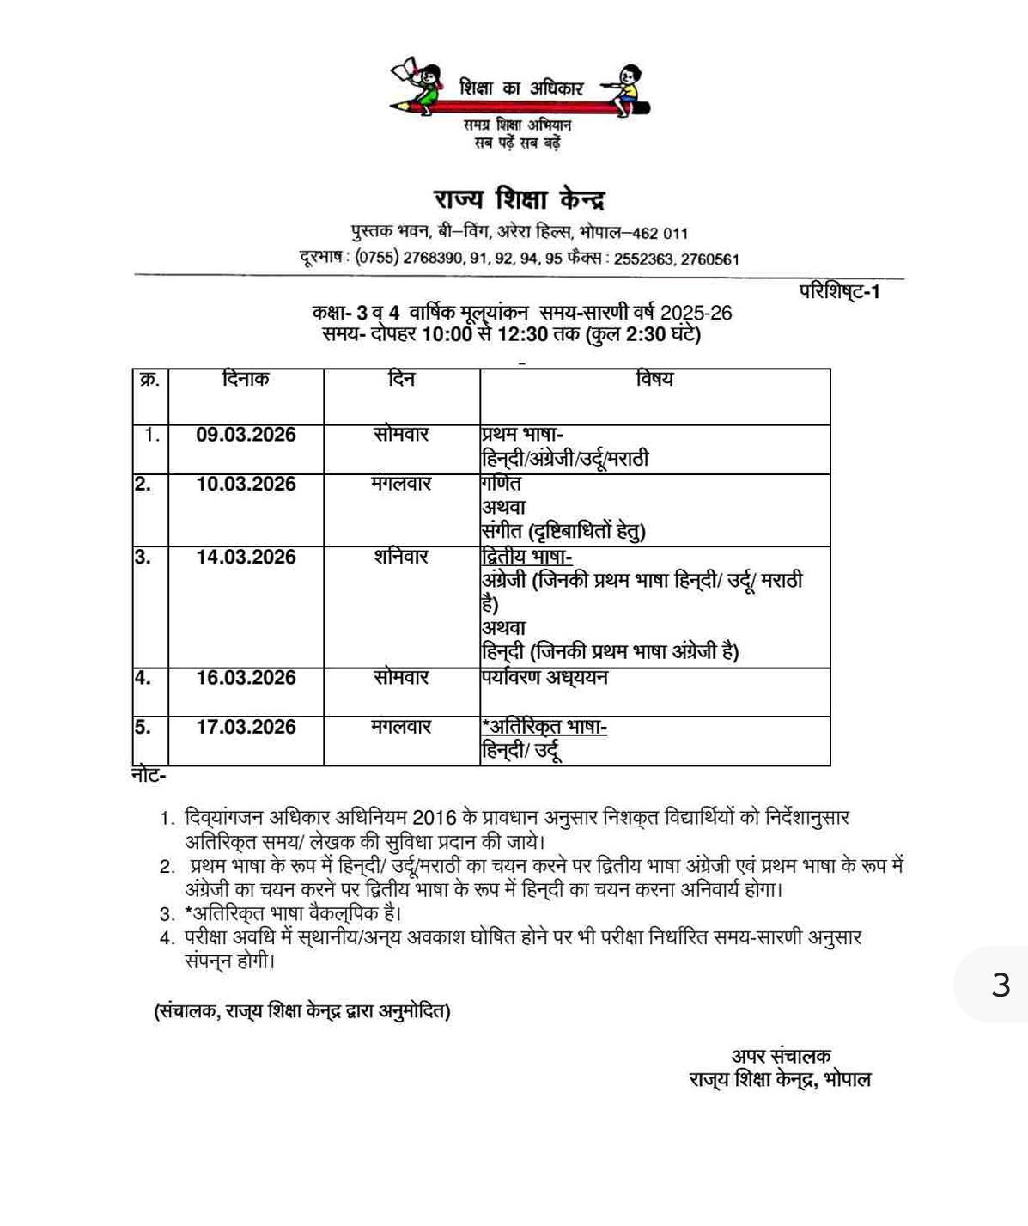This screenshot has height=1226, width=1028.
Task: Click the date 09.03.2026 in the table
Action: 246,435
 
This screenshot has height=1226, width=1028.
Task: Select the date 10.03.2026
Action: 246,484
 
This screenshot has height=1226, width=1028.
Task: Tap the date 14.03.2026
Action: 246,557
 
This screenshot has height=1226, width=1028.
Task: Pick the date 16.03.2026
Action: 246,678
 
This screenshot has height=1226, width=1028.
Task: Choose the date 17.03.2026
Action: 246,727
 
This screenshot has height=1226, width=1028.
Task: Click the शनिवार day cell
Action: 401,557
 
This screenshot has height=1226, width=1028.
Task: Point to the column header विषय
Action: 654,380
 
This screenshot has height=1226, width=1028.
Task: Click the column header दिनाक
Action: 245,379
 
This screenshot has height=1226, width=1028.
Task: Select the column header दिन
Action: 401,379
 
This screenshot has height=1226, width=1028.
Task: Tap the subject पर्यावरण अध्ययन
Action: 544,678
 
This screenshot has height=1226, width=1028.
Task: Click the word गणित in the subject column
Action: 502,484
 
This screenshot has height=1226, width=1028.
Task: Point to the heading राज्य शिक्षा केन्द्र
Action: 519,200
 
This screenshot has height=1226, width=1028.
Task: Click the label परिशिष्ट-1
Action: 839,292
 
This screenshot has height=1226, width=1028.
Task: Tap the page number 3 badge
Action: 1001,985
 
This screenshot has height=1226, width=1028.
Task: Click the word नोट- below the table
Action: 149,776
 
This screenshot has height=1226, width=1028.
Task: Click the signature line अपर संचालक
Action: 781,1057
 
